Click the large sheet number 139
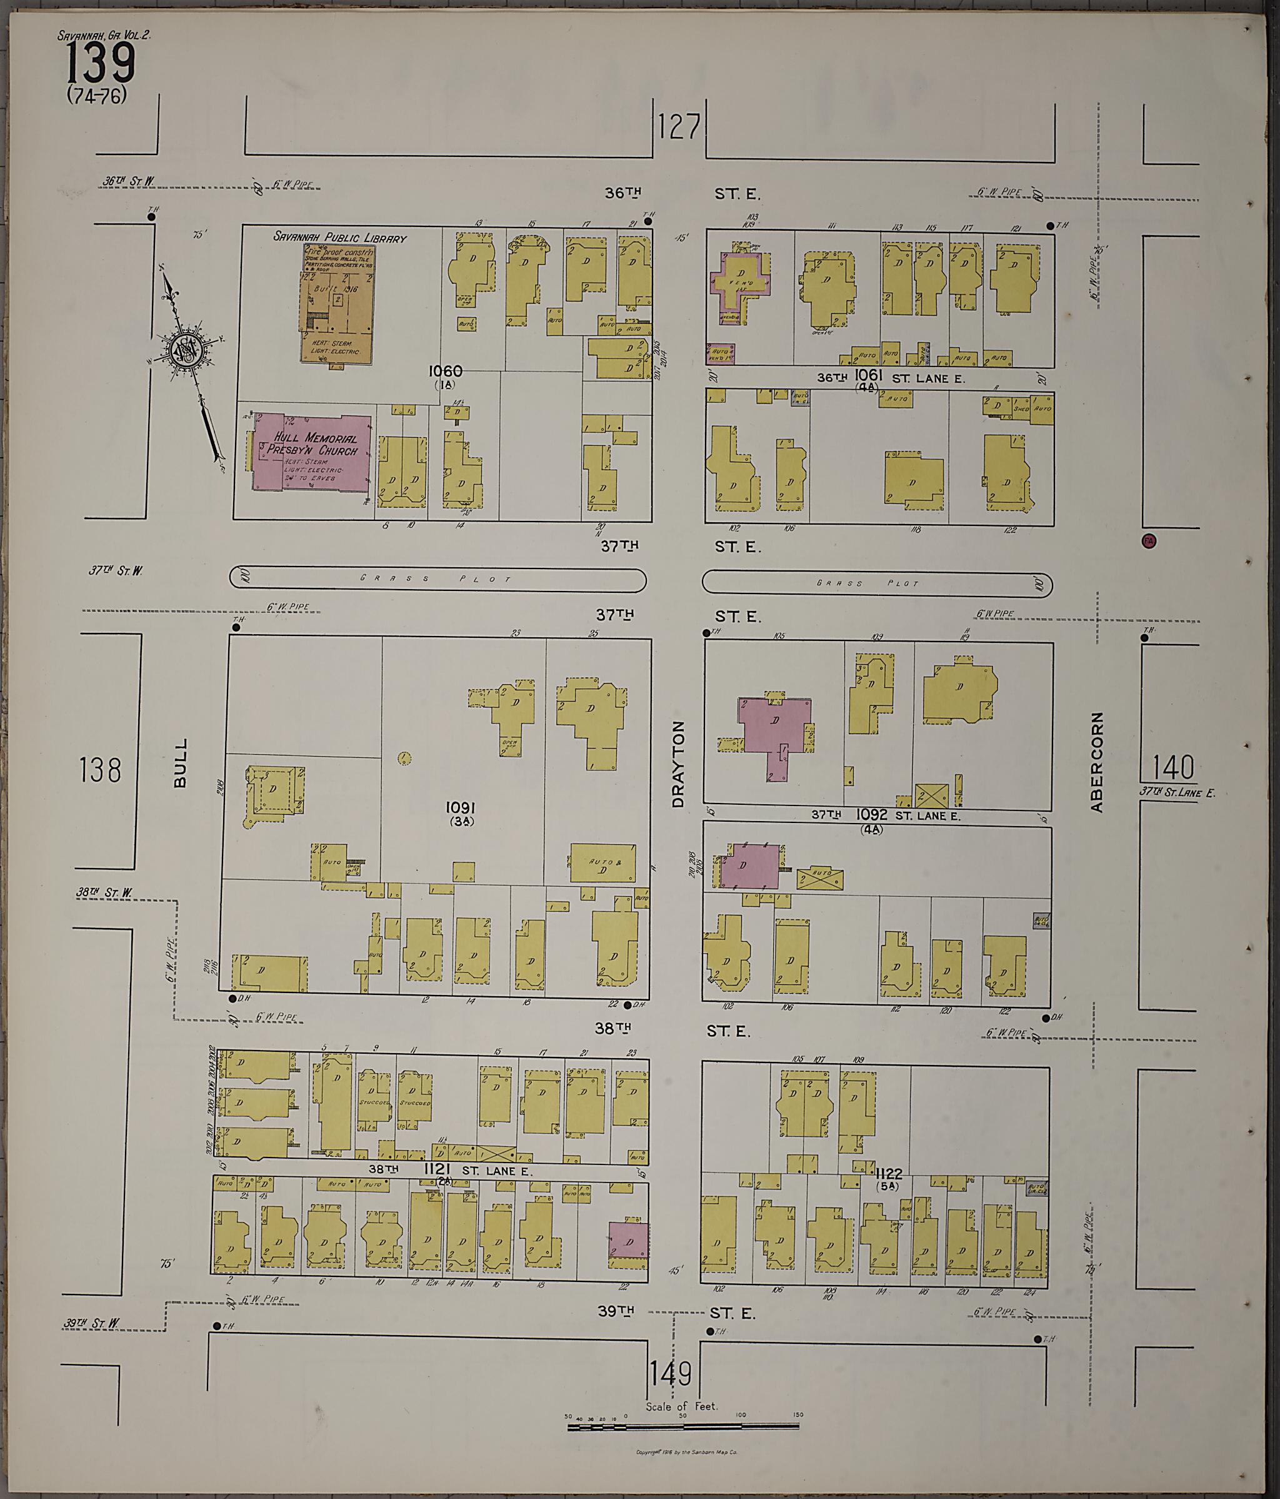(101, 63)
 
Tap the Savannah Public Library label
(339, 237)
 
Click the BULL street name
(180, 762)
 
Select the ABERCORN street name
(1097, 762)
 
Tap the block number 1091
(460, 807)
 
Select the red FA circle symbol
(1147, 540)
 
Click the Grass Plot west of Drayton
(437, 578)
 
